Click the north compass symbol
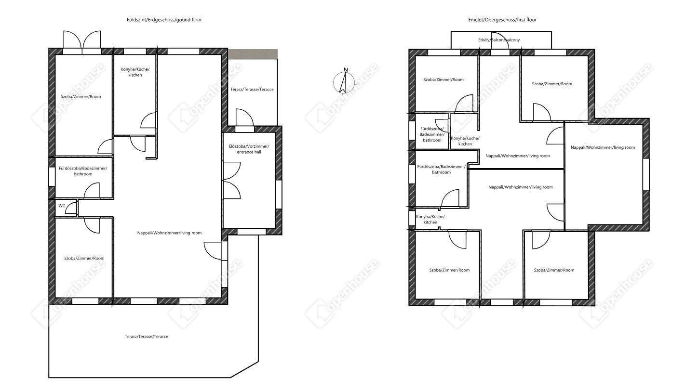point(343,81)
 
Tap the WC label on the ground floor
point(62,206)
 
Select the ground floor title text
point(164,20)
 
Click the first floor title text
point(502,20)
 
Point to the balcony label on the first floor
point(499,39)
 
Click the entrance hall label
point(249,149)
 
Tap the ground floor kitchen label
point(135,72)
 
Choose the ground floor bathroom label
point(83,171)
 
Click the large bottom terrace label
point(147,337)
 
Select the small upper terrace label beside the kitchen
point(252,89)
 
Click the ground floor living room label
point(169,233)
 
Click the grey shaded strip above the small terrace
point(253,54)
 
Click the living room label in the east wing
point(603,147)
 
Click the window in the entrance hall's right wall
point(278,195)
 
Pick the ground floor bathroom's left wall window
point(52,176)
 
